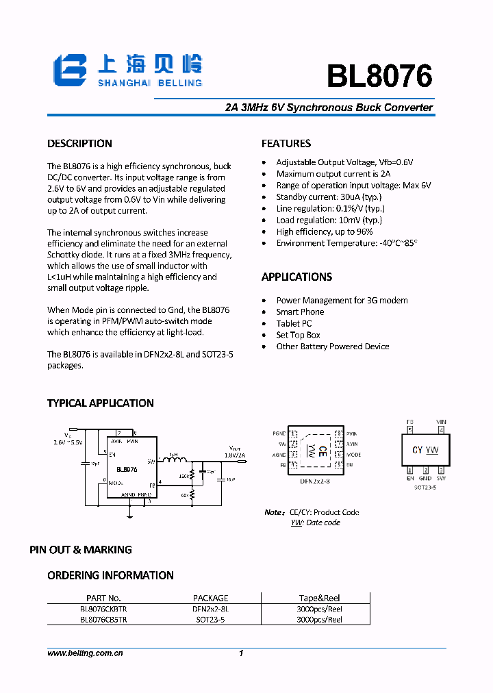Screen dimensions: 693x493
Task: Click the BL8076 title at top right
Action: [379, 77]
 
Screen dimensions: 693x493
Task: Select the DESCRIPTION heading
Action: [79, 144]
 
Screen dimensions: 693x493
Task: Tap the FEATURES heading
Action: [286, 144]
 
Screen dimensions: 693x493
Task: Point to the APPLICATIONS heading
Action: [296, 277]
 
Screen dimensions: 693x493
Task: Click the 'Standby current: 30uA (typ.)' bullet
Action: [329, 197]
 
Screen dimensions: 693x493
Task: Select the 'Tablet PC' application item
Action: [294, 323]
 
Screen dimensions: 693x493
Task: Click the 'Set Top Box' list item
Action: [298, 335]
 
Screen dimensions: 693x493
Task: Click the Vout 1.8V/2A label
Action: [234, 451]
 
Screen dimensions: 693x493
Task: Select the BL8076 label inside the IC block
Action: [127, 470]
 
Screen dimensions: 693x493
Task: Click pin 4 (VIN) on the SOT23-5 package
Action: [441, 430]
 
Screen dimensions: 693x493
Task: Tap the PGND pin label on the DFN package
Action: [279, 434]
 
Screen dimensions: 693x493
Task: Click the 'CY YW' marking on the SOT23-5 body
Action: [425, 450]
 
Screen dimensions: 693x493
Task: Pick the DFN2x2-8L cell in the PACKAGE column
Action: [210, 609]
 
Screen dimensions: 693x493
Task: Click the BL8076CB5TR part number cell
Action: [103, 620]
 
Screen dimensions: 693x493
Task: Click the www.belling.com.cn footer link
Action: [85, 654]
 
